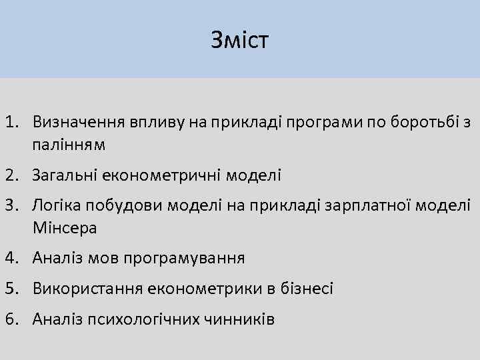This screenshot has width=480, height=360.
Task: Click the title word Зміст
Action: pyautogui.click(x=239, y=40)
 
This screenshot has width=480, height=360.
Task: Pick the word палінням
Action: pyautogui.click(x=67, y=144)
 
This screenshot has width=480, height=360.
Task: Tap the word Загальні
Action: pyautogui.click(x=64, y=175)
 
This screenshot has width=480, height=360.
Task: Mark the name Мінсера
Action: pyautogui.click(x=64, y=228)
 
